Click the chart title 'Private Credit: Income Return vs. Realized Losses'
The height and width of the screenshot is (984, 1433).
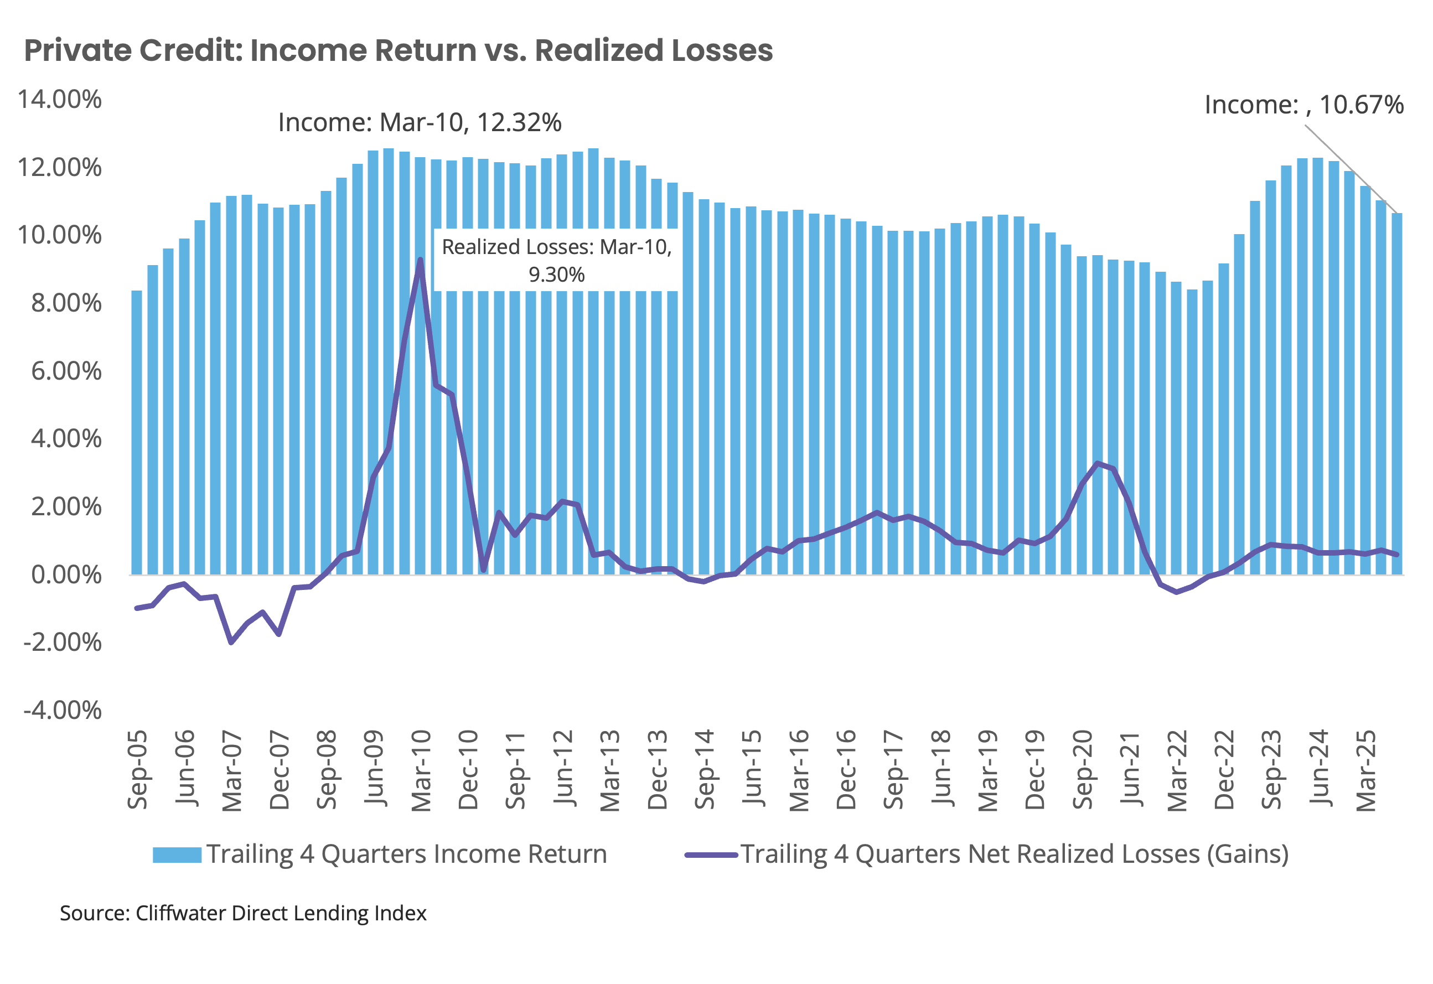(x=398, y=50)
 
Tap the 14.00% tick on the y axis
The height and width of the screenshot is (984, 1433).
(x=60, y=99)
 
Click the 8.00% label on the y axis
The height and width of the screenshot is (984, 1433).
(x=66, y=303)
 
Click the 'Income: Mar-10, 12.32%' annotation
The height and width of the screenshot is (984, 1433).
(x=420, y=122)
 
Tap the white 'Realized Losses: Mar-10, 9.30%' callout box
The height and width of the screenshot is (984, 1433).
(x=557, y=260)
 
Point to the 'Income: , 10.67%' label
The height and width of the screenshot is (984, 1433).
(x=1303, y=105)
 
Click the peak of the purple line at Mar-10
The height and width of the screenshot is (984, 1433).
(x=420, y=260)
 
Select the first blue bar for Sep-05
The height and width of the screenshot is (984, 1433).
(x=137, y=432)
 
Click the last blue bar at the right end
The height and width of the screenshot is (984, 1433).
(x=1396, y=395)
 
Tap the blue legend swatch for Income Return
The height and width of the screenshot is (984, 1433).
(x=177, y=855)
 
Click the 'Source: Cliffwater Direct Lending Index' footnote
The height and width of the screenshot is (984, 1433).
(x=243, y=913)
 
